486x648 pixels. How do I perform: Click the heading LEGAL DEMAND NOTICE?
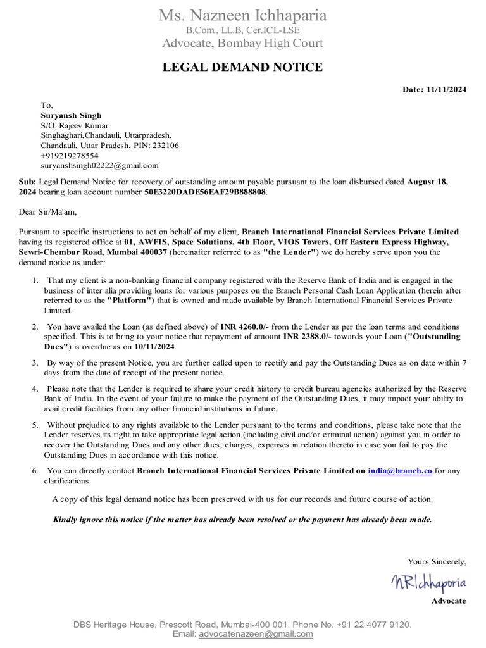242,67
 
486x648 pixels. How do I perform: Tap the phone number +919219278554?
70,155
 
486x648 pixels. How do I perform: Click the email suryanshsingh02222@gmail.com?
99,165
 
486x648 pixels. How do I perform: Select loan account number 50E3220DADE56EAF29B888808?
205,191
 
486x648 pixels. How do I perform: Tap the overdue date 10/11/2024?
154,347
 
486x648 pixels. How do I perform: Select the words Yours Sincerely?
437,561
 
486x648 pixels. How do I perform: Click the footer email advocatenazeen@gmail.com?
256,634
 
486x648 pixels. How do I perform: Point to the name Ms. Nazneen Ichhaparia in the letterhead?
242,15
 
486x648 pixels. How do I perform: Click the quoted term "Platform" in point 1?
130,301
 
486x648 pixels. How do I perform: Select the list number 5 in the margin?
35,425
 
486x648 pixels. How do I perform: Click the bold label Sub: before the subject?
27,181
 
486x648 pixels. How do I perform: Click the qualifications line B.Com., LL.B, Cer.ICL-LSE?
242,30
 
